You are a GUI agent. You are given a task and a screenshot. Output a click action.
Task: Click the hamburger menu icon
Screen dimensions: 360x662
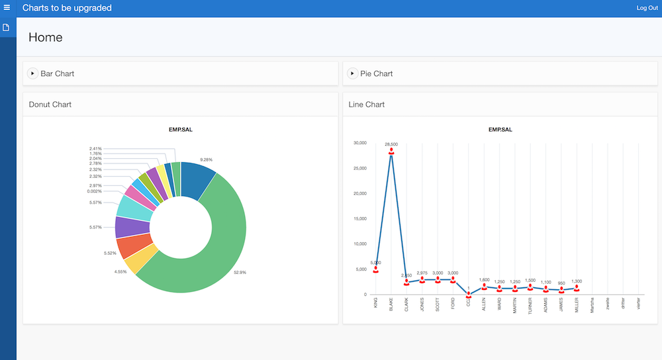pyautogui.click(x=7, y=8)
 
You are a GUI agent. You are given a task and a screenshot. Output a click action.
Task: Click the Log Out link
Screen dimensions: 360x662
pyautogui.click(x=647, y=8)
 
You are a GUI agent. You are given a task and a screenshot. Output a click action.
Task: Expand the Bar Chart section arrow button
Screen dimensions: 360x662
pyautogui.click(x=32, y=73)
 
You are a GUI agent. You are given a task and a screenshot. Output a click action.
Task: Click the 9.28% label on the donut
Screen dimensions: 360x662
pyautogui.click(x=207, y=159)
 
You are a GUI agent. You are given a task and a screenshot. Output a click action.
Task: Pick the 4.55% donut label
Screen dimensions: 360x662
pyautogui.click(x=121, y=272)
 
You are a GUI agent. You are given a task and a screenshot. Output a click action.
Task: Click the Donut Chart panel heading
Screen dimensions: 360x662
pyautogui.click(x=50, y=105)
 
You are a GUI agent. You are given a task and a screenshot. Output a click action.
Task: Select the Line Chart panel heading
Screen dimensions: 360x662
pyautogui.click(x=367, y=105)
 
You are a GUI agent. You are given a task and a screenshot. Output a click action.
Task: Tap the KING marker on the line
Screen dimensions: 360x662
pyautogui.click(x=375, y=269)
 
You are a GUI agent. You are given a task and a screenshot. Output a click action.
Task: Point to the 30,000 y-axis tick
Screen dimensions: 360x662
pyautogui.click(x=360, y=143)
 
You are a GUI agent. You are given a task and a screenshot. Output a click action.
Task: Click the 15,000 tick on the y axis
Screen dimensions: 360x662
pyautogui.click(x=360, y=218)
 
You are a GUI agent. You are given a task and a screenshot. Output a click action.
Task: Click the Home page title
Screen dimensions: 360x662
pyautogui.click(x=46, y=37)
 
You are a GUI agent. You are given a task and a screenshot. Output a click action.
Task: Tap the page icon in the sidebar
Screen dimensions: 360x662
pyautogui.click(x=7, y=28)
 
